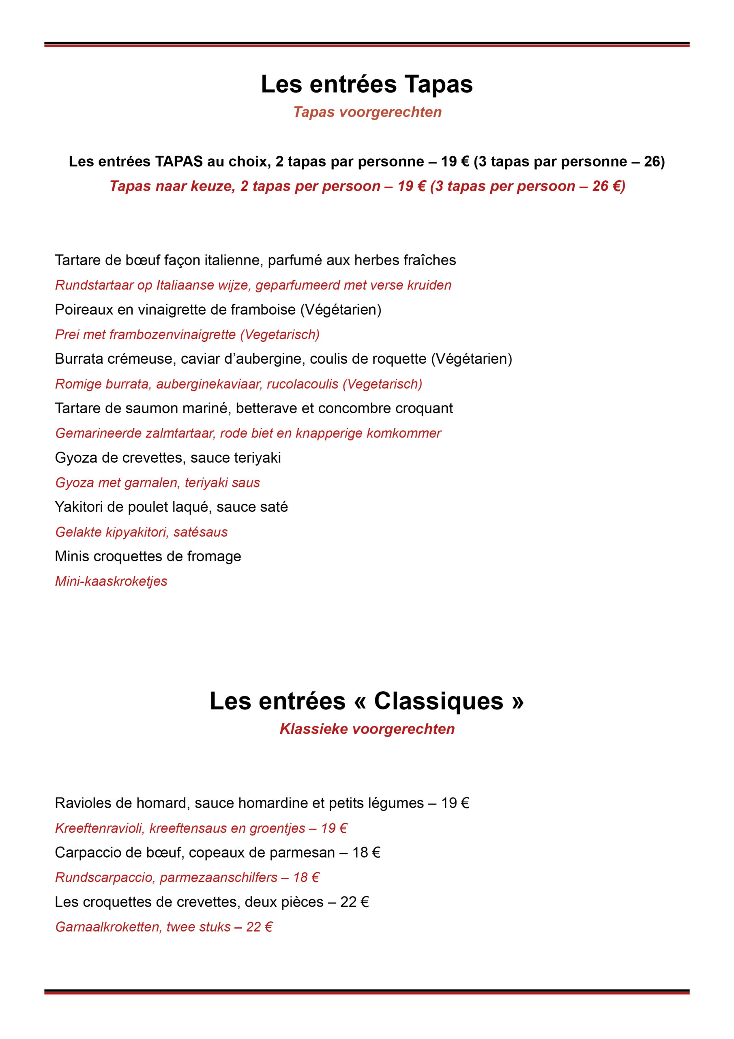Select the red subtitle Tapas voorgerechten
tap(367, 112)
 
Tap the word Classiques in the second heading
tap(438, 701)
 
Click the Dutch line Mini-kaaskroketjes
tap(111, 581)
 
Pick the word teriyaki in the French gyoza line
tap(260, 457)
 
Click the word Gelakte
tap(78, 532)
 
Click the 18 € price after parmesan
tap(366, 853)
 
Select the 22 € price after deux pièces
tap(354, 902)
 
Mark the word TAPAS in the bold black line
tap(179, 162)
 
